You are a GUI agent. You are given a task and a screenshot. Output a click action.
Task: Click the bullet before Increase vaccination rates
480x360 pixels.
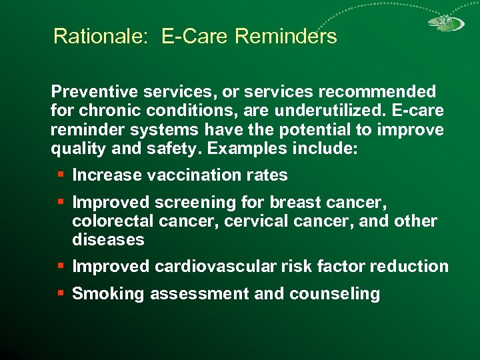[61, 175]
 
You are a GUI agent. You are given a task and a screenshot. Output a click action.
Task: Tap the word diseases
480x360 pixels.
[108, 239]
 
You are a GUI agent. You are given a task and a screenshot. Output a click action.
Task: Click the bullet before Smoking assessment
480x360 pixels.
[61, 293]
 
